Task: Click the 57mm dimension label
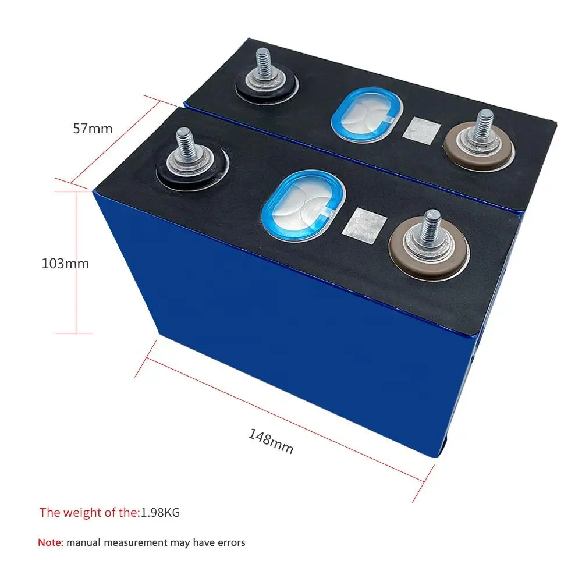click(x=93, y=128)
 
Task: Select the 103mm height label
click(x=65, y=263)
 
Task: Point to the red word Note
click(x=49, y=542)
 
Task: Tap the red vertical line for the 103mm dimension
click(x=76, y=262)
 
